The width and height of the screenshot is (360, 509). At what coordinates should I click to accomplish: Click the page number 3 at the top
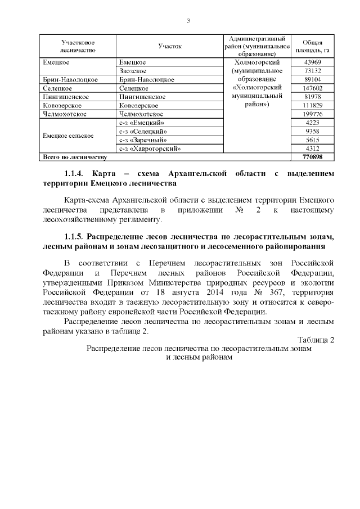click(188, 21)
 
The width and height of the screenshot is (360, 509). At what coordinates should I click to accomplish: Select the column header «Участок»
click(170, 46)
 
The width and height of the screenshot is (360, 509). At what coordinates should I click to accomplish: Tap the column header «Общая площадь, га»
click(312, 46)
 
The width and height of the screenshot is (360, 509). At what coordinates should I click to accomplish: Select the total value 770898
click(312, 157)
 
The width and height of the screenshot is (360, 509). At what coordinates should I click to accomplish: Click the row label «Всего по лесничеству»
click(71, 157)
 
